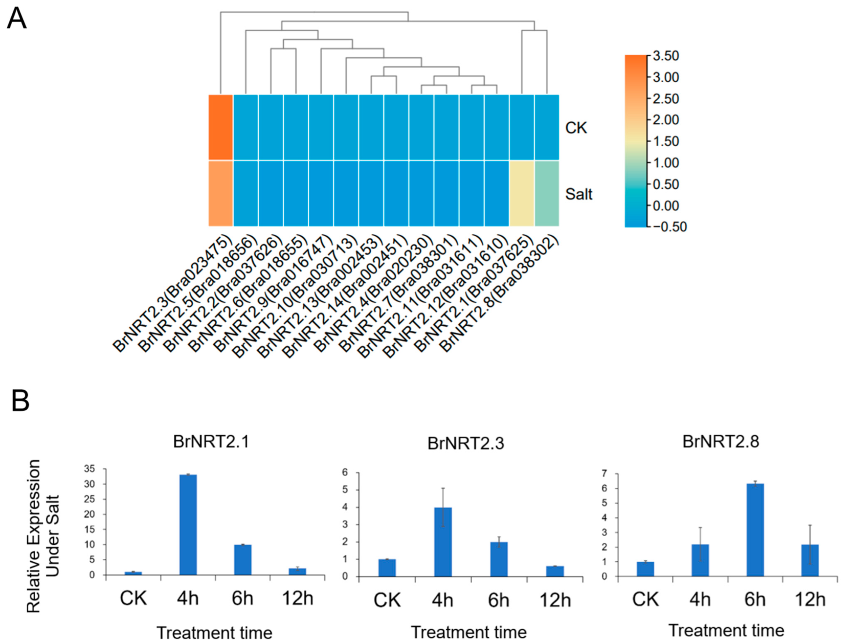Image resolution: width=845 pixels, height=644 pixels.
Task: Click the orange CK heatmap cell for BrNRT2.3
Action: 221,127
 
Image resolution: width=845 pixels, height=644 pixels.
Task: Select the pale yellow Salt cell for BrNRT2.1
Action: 522,193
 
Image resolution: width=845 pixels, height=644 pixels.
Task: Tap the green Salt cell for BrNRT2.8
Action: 547,193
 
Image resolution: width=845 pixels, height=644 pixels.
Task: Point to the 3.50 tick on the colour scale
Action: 666,56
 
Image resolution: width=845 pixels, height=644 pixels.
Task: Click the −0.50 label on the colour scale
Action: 670,227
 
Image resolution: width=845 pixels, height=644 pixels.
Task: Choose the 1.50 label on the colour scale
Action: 666,141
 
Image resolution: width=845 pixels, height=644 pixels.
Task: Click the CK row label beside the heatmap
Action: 576,128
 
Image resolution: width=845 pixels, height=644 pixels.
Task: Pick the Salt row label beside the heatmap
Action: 579,194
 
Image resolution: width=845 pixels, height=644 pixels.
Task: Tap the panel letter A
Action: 17,19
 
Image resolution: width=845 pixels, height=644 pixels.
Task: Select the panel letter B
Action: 20,400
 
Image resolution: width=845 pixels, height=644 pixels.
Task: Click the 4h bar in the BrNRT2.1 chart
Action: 188,525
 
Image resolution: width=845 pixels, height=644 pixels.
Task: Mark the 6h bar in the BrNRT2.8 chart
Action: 755,530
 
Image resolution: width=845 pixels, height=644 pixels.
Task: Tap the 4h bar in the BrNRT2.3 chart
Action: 443,542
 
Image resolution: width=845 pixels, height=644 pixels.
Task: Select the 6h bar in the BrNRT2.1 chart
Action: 243,559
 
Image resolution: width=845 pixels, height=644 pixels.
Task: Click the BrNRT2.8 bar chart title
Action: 721,442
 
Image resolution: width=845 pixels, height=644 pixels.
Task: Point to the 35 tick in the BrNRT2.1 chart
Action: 89,469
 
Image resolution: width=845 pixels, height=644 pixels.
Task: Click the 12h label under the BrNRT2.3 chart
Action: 555,600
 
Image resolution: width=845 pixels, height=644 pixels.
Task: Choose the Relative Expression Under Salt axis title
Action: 42,536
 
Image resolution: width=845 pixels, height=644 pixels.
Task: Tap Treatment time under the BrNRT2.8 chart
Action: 726,630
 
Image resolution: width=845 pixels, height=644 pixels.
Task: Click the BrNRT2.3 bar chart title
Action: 466,443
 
